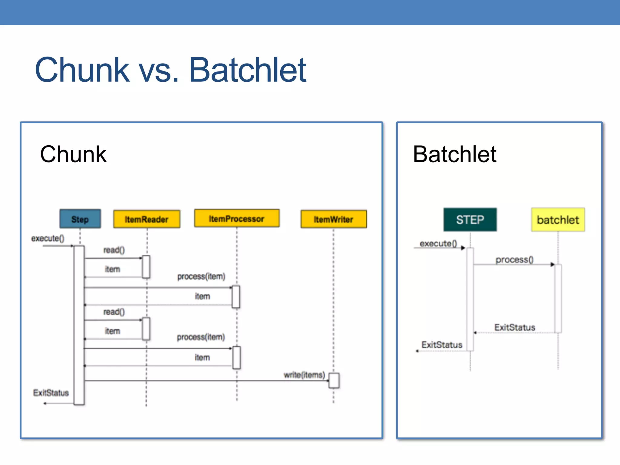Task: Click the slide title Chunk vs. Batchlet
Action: click(x=170, y=70)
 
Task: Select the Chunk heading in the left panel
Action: click(x=73, y=154)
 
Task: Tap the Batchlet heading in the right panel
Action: click(x=454, y=154)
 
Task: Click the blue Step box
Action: click(x=80, y=219)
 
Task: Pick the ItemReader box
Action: click(x=147, y=219)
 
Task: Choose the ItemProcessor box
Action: click(x=237, y=218)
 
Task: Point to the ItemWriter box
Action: click(x=334, y=219)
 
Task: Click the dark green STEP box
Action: click(x=470, y=220)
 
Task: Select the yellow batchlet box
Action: click(x=558, y=220)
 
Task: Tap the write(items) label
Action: click(x=304, y=375)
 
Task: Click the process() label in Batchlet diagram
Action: click(x=514, y=259)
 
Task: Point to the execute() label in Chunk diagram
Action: click(x=48, y=239)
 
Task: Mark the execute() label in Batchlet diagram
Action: click(x=438, y=243)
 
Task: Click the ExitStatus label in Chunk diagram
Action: click(x=51, y=393)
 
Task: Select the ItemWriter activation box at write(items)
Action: click(x=334, y=381)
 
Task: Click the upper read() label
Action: click(x=114, y=250)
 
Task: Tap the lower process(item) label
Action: click(x=201, y=337)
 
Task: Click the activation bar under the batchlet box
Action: click(x=558, y=298)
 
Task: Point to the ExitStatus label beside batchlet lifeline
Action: click(x=515, y=327)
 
